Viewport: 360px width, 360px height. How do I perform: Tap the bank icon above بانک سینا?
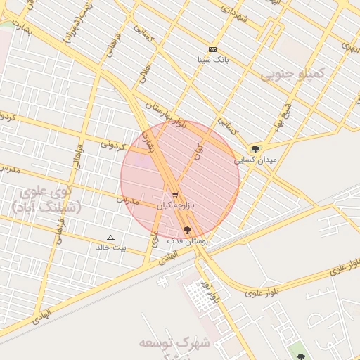coord(212,49)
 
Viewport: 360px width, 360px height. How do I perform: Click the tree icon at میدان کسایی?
coord(255,149)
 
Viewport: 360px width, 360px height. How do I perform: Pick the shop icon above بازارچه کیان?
coord(175,195)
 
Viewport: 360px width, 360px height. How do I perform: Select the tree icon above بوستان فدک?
coord(186,230)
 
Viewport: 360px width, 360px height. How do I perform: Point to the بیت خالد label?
coord(111,247)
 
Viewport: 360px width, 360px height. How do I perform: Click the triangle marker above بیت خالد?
coord(110,238)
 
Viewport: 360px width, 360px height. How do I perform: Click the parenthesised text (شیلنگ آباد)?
coord(46,207)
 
